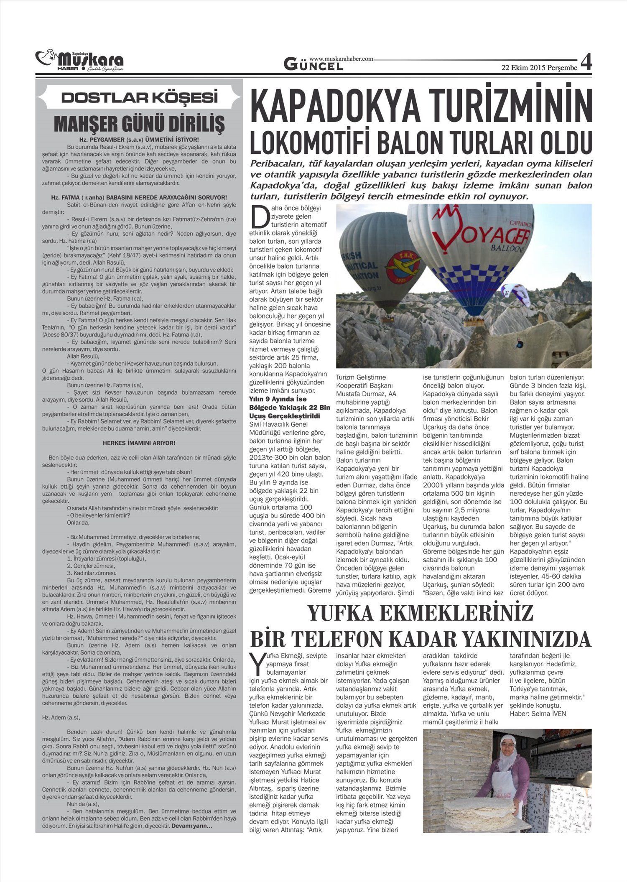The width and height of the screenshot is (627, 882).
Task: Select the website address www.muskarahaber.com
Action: (341, 59)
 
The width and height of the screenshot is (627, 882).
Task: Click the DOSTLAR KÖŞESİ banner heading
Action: (140, 98)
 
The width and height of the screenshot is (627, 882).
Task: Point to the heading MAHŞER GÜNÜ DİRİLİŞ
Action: (140, 123)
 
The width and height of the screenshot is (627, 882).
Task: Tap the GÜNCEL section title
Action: (313, 65)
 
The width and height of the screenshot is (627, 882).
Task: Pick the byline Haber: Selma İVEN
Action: (538, 714)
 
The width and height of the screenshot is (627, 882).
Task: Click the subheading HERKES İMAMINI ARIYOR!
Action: (139, 443)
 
